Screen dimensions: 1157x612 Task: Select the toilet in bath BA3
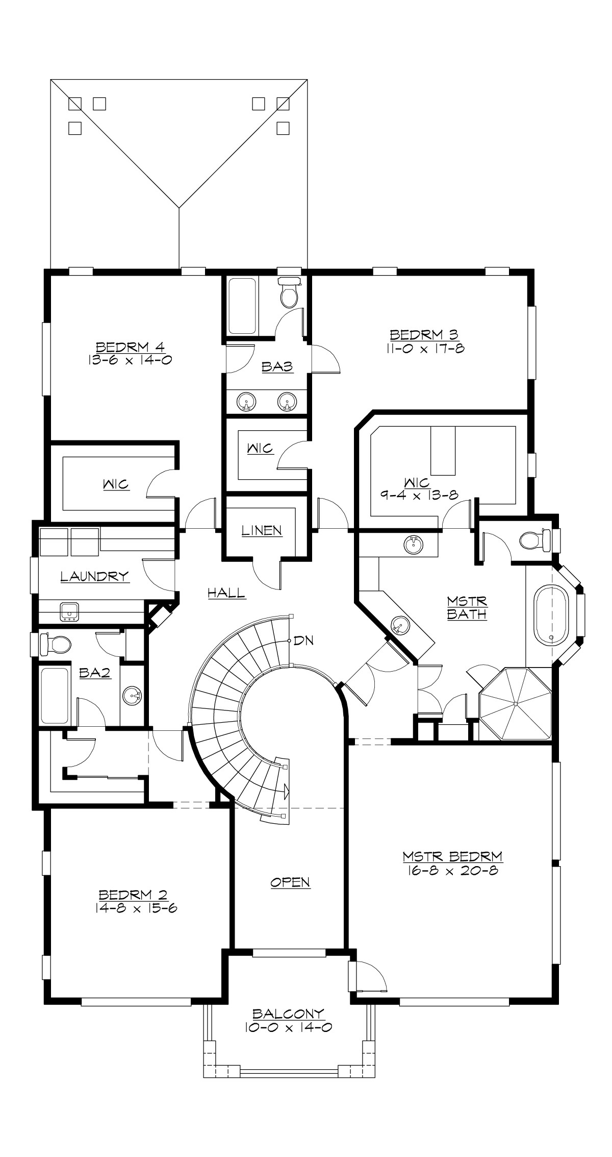pyautogui.click(x=289, y=293)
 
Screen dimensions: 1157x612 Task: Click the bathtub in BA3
pyautogui.click(x=242, y=306)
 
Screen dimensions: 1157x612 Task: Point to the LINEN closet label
pyautogui.click(x=262, y=530)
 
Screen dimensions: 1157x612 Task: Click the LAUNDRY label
pyautogui.click(x=94, y=577)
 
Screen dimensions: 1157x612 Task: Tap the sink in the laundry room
pyautogui.click(x=68, y=611)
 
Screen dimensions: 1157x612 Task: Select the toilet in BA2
pyautogui.click(x=55, y=644)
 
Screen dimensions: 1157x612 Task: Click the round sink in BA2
pyautogui.click(x=134, y=695)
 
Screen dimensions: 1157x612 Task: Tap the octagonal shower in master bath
pyautogui.click(x=516, y=703)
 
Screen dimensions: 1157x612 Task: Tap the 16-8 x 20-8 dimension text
pyautogui.click(x=452, y=871)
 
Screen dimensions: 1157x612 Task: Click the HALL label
pyautogui.click(x=226, y=593)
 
